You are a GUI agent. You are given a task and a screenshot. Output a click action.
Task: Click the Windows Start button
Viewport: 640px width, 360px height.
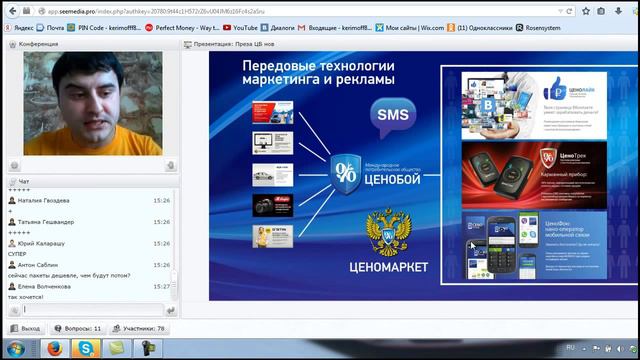(x=17, y=349)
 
